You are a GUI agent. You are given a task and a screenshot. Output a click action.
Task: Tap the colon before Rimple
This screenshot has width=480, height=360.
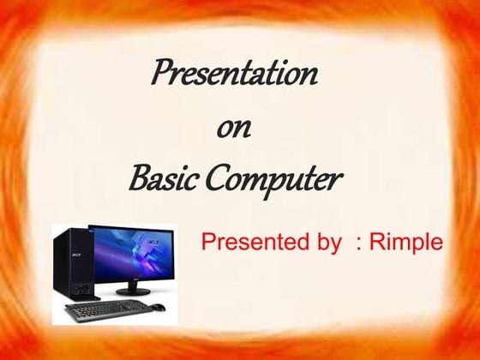357,243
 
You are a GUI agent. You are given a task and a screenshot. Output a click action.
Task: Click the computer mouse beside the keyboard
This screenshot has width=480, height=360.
159,307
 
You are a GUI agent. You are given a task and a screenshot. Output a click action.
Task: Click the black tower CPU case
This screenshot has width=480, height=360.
70,261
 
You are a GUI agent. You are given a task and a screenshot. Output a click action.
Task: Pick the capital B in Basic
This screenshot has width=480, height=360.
137,180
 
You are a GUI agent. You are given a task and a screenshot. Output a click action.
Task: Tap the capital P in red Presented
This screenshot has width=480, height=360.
208,242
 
